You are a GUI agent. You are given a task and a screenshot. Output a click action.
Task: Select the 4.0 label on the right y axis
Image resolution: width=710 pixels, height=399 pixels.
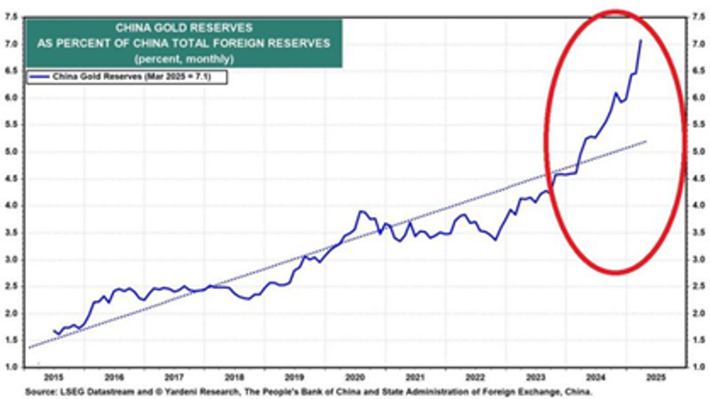pos(698,205)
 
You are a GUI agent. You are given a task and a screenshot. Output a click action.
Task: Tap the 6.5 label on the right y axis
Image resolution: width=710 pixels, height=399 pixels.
pos(698,70)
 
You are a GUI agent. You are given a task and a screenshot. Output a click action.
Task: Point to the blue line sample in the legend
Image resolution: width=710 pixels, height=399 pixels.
pos(41,77)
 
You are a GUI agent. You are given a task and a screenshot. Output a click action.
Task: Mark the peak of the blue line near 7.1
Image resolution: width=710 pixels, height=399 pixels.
pos(640,40)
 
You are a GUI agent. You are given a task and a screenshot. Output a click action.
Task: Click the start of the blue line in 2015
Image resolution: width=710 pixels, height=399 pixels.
pos(53,330)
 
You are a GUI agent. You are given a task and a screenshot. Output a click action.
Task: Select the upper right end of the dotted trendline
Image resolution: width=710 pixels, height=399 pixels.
pos(646,141)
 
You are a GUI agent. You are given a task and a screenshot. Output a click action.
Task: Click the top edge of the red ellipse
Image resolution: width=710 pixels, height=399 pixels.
pos(615,12)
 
